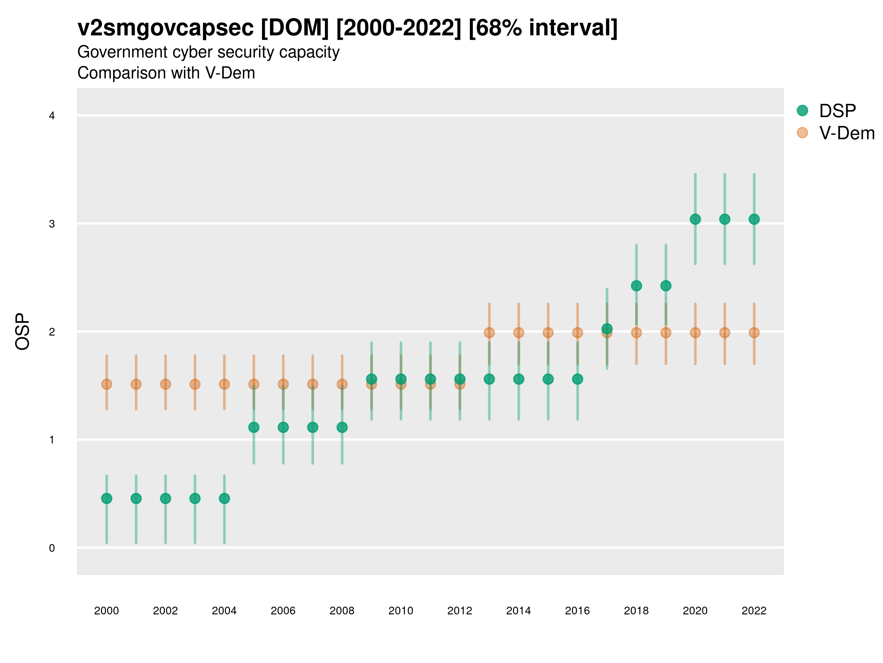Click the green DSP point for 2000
107,498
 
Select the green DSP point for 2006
283,427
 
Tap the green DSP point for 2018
636,286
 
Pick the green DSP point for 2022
754,219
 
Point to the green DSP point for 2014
518,379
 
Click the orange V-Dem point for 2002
165,384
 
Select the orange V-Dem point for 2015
548,333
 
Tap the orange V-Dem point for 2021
724,333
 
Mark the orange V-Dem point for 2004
224,384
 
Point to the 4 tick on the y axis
52,116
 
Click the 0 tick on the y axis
52,548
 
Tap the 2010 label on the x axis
401,611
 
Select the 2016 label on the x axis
577,611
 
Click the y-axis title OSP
22,332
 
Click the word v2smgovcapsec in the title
165,28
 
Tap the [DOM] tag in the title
295,28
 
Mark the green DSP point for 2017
607,329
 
